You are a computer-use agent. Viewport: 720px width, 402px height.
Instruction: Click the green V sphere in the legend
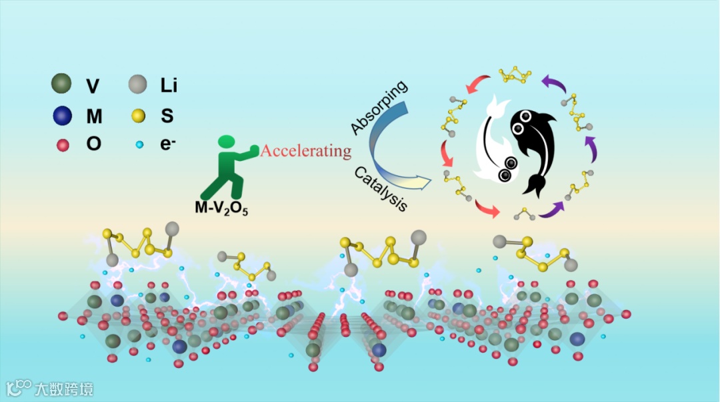click(x=62, y=85)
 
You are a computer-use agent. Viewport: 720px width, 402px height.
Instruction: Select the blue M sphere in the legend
click(x=62, y=116)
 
